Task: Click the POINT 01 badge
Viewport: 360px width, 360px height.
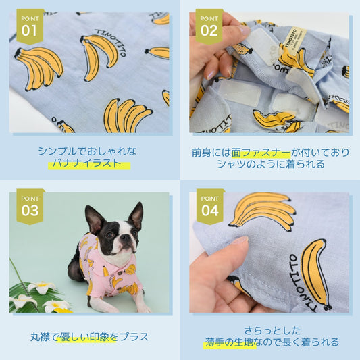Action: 30,26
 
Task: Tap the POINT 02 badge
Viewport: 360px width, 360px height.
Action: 209,26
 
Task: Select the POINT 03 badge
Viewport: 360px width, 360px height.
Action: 30,207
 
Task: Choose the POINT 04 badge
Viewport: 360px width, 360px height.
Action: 210,207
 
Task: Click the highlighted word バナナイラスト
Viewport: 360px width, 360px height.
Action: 87,163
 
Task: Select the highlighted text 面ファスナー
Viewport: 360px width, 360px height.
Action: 261,153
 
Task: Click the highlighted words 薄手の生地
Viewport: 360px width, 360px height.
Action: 230,342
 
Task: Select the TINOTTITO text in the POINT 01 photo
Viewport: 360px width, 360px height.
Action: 111,42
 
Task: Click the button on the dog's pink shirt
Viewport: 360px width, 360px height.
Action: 120,272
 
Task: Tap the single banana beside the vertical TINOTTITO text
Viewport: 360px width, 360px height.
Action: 315,274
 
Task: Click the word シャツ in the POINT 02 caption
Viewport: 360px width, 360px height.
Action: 230,164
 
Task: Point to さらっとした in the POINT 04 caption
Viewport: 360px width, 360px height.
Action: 272,331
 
